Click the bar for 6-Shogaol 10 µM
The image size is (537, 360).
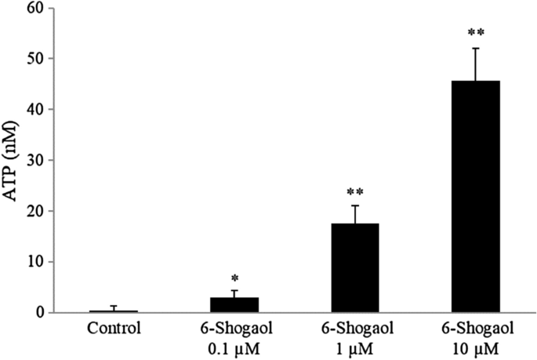pos(475,196)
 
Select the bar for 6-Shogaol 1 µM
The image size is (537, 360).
pos(355,267)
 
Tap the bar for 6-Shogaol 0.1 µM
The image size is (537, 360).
pos(234,304)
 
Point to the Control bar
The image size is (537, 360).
pos(114,311)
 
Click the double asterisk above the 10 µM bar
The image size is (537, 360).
pos(475,33)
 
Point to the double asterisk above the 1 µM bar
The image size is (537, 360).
pos(355,191)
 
